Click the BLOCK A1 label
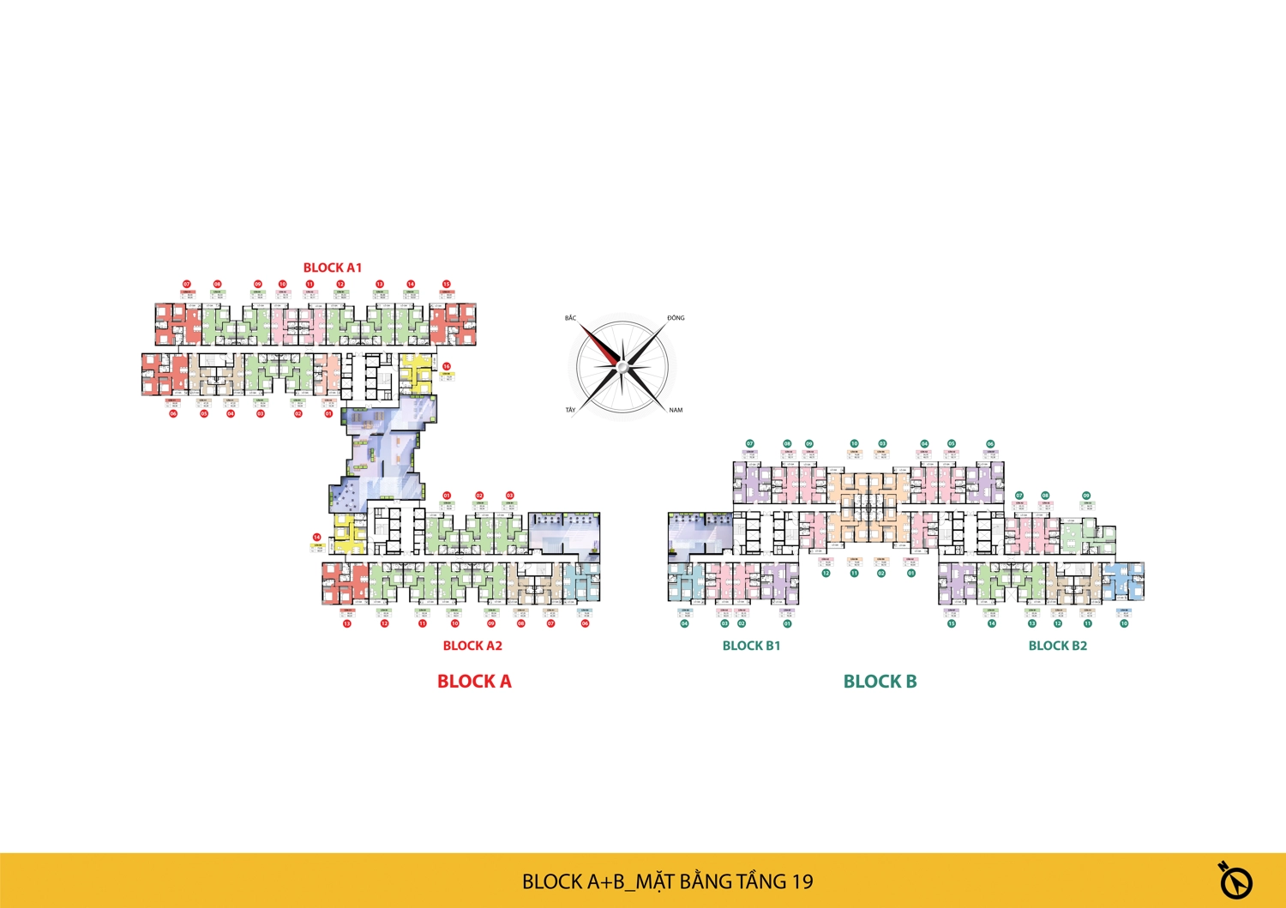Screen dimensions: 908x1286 333,268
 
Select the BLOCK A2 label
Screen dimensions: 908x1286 472,646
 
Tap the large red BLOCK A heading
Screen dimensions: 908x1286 474,682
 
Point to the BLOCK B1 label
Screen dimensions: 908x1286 751,646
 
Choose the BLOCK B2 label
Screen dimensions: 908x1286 1057,646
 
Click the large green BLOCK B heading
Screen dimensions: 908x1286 880,682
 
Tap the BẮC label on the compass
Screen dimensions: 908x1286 571,318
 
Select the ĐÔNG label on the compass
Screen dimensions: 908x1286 676,318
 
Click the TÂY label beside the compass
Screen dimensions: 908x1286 570,410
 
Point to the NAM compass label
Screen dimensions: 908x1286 676,410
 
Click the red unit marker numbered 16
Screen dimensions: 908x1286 447,366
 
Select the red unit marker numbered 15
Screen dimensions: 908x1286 446,284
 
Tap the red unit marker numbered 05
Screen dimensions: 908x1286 204,413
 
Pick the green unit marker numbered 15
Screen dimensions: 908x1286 952,623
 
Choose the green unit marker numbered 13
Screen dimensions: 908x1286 1032,623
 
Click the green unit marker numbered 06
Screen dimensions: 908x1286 990,444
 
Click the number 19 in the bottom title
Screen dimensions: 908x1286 802,881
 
